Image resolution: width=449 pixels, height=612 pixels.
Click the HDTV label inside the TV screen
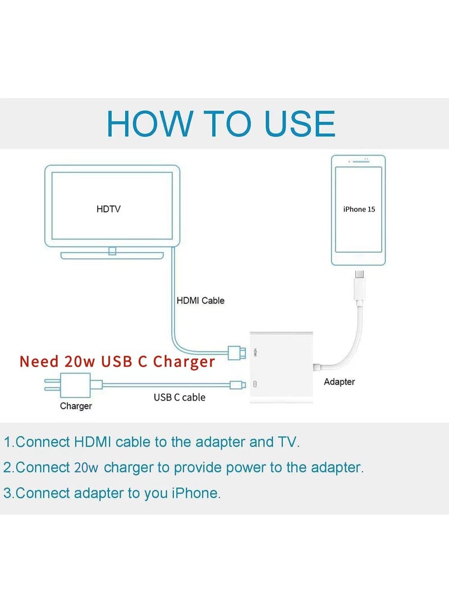[x=108, y=209]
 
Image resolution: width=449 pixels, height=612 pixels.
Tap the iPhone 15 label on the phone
[x=359, y=209]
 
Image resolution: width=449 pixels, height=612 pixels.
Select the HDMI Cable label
[x=200, y=301]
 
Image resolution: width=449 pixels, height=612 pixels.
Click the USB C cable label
[x=180, y=397]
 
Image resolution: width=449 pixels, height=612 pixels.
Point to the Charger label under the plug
[x=76, y=406]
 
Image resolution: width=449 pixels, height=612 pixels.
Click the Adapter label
[x=339, y=381]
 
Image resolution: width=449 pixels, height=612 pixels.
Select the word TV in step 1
[x=286, y=442]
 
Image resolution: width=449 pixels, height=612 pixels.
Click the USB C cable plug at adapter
[x=236, y=384]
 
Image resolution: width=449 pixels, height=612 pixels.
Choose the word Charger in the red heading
[x=184, y=362]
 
